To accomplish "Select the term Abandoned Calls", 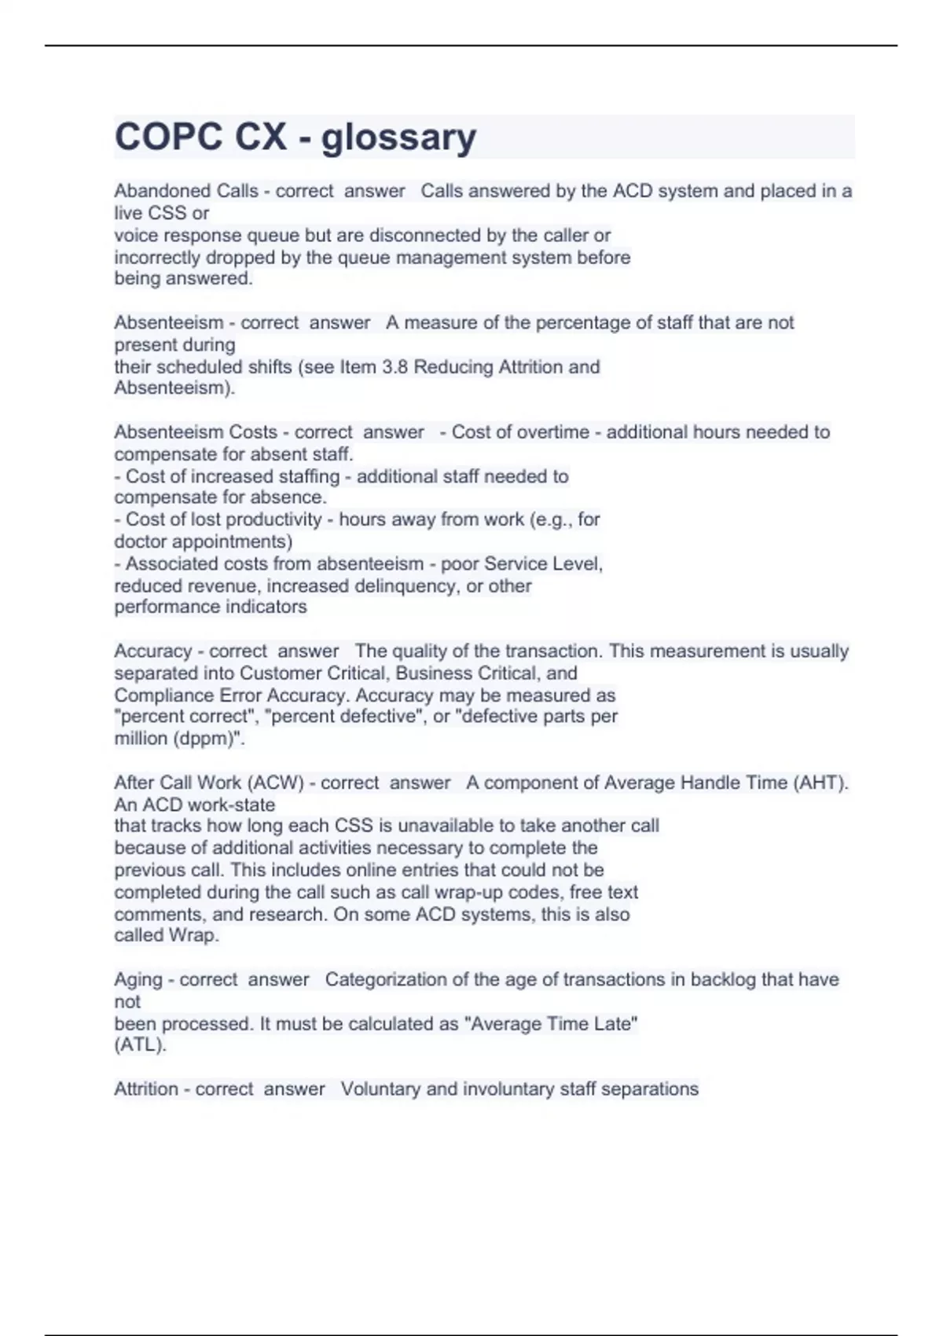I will coord(186,191).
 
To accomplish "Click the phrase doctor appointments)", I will coord(204,541).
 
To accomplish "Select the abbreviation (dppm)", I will coord(207,739).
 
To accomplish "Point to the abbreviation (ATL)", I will coord(141,1045).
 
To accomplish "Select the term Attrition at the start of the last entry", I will coord(146,1089).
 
